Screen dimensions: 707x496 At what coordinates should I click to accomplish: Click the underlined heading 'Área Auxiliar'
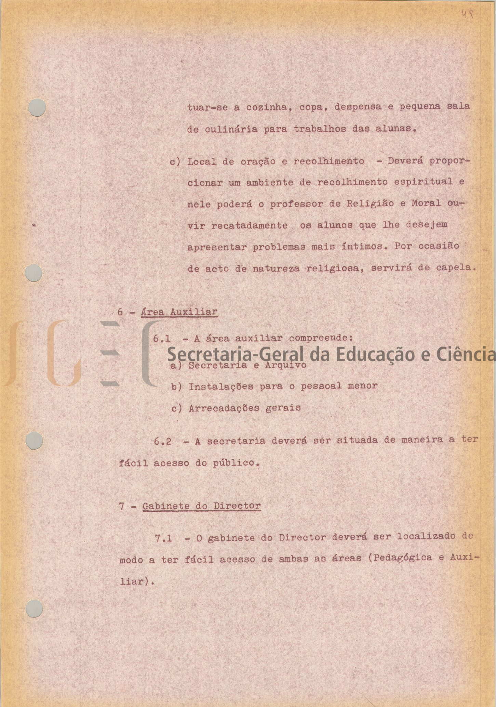pyautogui.click(x=179, y=312)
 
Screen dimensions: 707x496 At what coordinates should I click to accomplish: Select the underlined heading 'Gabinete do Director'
pyautogui.click(x=202, y=506)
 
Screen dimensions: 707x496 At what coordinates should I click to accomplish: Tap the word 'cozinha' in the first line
pyautogui.click(x=267, y=107)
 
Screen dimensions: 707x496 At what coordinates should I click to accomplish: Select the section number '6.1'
pyautogui.click(x=162, y=339)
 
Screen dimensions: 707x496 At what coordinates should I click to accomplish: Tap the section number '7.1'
pyautogui.click(x=163, y=538)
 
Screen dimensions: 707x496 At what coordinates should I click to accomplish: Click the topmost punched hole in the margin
pyautogui.click(x=37, y=107)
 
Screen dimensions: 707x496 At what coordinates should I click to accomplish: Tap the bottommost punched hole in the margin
pyautogui.click(x=35, y=609)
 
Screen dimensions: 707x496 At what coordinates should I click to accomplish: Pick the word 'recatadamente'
pyautogui.click(x=250, y=225)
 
